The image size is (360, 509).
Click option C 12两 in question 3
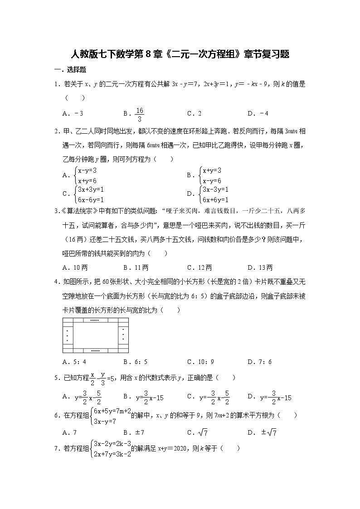coord(199,267)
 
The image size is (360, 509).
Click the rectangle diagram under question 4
coord(95,335)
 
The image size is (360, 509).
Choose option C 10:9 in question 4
coord(200,362)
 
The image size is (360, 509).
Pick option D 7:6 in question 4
coord(259,362)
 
